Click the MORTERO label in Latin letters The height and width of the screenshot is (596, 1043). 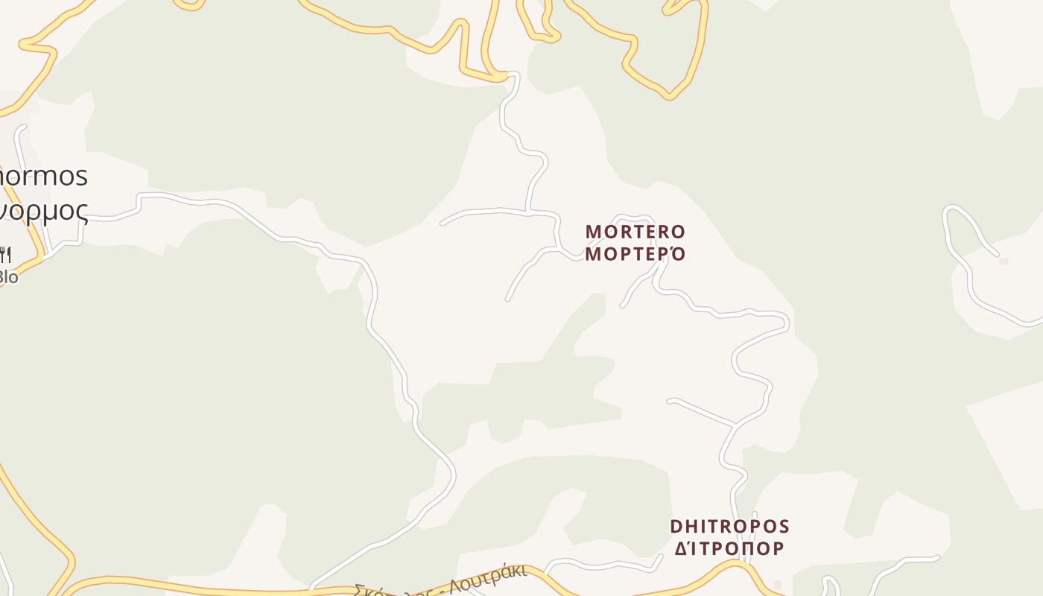coord(635,232)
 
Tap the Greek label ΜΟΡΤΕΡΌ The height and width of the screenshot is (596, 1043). coord(635,253)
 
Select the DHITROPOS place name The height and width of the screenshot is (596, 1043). coord(729,527)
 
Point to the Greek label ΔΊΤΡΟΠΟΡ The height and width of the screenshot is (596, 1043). coord(729,548)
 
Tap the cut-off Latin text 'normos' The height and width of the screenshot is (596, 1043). coord(43,177)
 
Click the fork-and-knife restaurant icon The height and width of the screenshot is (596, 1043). coord(5,256)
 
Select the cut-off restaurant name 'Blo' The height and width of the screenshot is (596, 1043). coord(8,276)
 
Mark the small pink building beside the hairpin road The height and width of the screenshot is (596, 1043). coord(1004,261)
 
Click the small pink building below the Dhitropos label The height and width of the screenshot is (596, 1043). coord(777,585)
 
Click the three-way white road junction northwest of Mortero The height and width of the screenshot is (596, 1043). coord(528,213)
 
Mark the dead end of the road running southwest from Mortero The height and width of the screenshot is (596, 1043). coord(507,299)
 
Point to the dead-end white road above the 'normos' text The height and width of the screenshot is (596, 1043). coord(23,127)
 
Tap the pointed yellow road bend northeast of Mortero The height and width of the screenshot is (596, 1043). coord(669,97)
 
